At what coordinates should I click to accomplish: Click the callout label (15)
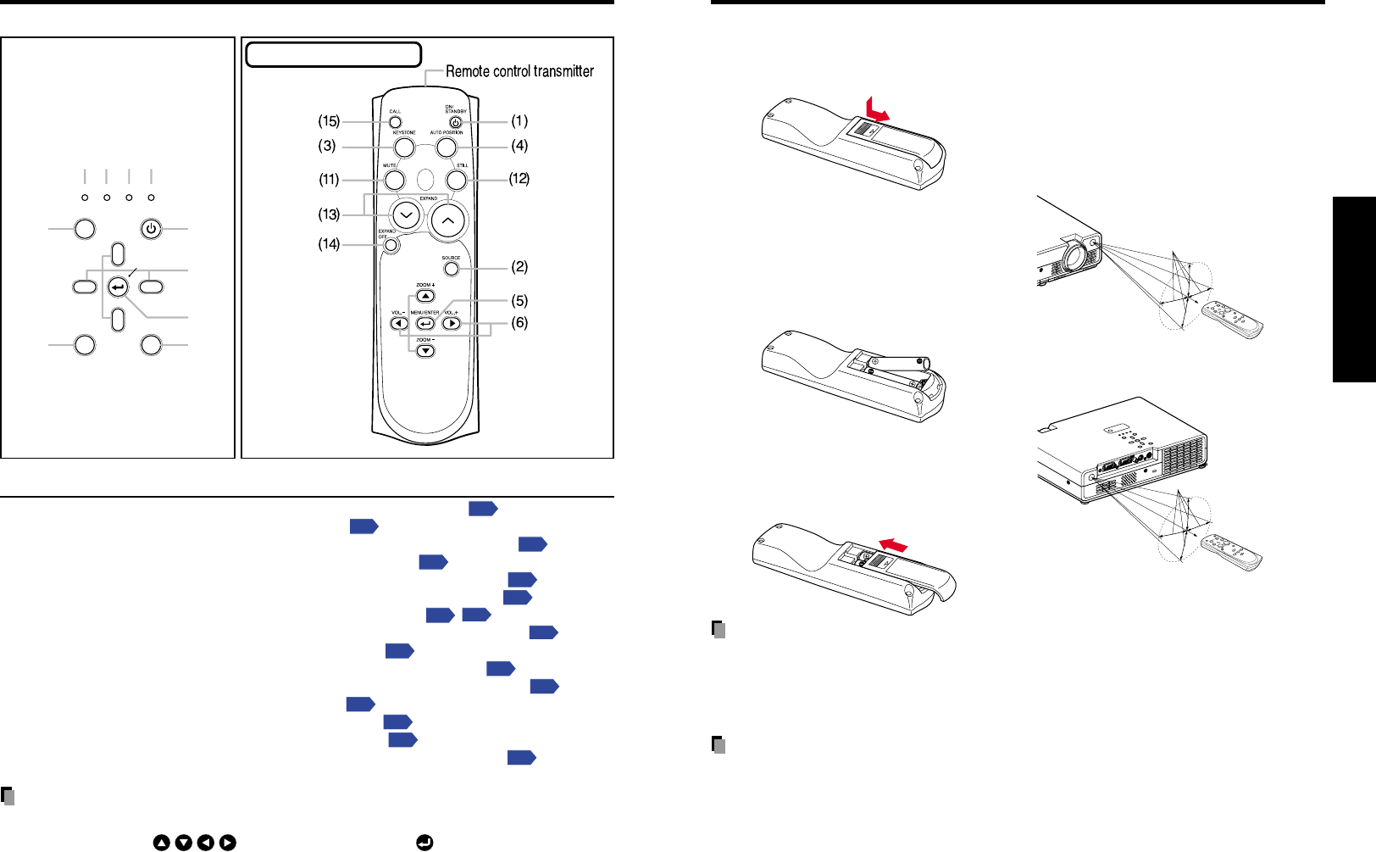[329, 121]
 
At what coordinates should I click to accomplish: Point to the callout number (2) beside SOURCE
[519, 267]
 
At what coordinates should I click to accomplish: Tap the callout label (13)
[329, 214]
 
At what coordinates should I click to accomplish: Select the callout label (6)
[519, 323]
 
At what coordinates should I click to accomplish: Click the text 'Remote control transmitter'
[519, 72]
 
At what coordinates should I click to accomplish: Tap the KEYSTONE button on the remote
[404, 147]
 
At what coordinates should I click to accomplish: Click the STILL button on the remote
[456, 180]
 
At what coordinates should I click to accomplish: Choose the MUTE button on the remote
[393, 180]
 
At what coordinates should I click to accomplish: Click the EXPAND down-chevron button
[406, 215]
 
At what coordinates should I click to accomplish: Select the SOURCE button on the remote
[451, 269]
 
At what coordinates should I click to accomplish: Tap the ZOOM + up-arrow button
[425, 296]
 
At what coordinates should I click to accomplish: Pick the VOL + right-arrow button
[452, 323]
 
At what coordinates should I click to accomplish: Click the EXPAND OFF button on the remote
[390, 246]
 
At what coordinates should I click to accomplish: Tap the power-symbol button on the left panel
[151, 229]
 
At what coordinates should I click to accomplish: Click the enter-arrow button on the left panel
[118, 287]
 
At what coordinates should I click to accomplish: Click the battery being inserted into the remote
[899, 364]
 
